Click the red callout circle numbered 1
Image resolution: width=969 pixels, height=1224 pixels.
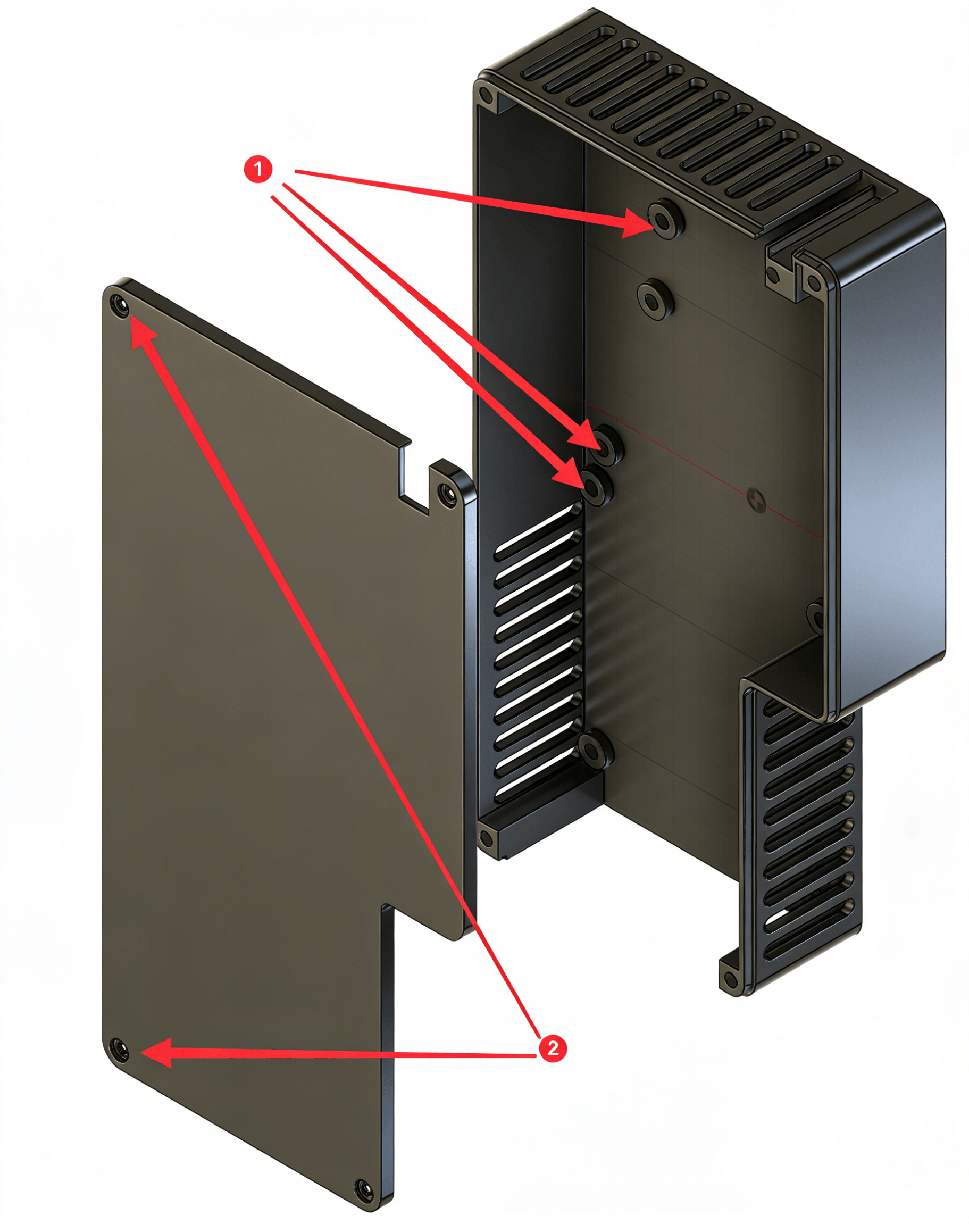click(x=258, y=169)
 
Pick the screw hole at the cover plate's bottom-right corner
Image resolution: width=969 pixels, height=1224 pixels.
click(x=362, y=1185)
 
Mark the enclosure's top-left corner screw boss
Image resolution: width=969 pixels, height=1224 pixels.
click(x=486, y=95)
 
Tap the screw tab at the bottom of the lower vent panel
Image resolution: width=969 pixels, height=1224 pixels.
click(x=731, y=977)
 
